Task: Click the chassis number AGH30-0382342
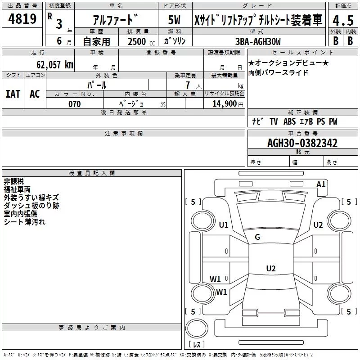[302, 143]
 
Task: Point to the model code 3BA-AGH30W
[258, 41]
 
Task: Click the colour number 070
[74, 104]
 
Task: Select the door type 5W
[174, 20]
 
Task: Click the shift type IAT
[13, 94]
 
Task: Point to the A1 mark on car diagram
[321, 184]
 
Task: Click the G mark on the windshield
[257, 237]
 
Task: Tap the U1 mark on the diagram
[224, 225]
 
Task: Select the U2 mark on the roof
[270, 269]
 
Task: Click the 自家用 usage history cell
[96, 41]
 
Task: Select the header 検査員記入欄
[92, 173]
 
